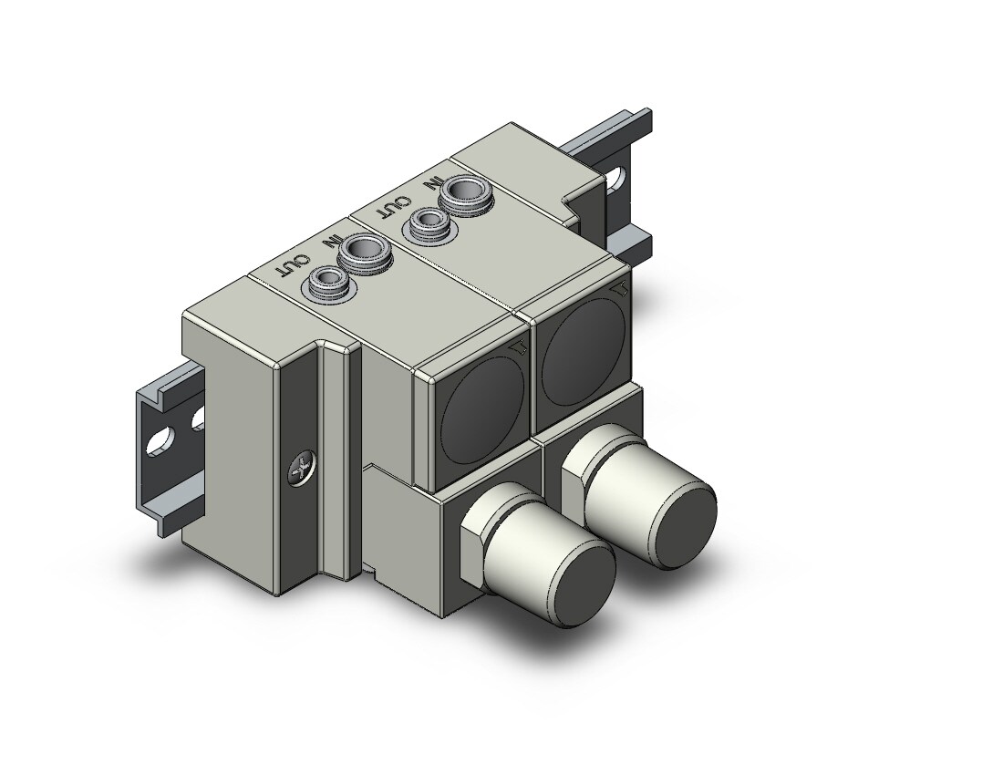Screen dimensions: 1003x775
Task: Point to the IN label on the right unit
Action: [434, 184]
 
